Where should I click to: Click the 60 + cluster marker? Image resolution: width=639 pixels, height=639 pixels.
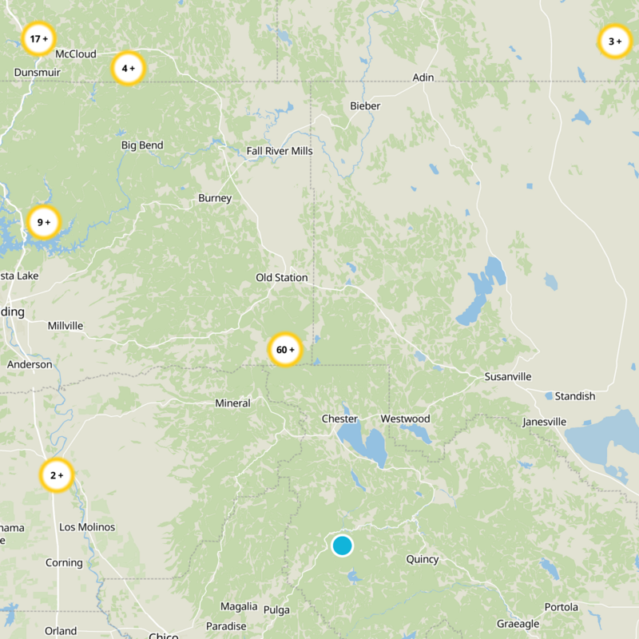[285, 350]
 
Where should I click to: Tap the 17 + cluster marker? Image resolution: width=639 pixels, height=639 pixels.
[38, 38]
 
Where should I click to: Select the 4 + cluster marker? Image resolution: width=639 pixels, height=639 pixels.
[128, 69]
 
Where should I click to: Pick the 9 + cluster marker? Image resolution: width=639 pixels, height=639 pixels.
[43, 223]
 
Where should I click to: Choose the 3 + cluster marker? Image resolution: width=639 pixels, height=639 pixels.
[614, 42]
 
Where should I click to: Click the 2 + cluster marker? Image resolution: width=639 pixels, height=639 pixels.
[57, 476]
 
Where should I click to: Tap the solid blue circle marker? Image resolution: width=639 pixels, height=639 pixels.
[342, 546]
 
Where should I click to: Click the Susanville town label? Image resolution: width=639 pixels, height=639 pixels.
[507, 377]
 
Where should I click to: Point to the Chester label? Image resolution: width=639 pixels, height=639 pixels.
[339, 419]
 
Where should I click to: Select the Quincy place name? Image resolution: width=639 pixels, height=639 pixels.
[422, 560]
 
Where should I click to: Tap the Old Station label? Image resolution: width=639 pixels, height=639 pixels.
[281, 278]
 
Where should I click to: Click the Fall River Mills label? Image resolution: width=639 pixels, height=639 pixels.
[280, 151]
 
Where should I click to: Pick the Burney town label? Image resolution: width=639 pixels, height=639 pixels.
[215, 198]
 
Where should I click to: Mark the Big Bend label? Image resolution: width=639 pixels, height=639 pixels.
[142, 145]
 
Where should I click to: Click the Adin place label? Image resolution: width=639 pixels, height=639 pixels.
[423, 77]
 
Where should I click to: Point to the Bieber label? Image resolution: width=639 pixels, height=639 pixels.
[365, 106]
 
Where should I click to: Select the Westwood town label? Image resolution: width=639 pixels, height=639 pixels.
[405, 419]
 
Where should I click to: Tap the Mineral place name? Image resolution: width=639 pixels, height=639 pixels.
[232, 403]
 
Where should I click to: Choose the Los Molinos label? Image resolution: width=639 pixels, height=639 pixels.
[87, 527]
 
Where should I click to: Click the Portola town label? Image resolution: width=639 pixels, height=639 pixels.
[561, 607]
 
